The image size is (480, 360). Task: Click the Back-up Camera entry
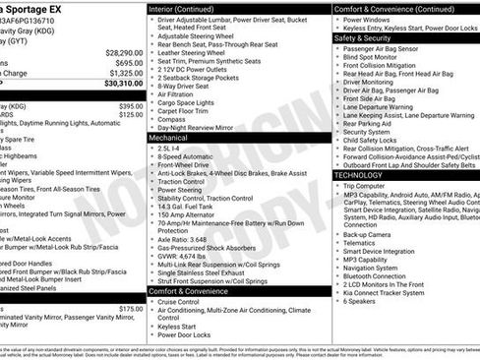pos(367,234)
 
